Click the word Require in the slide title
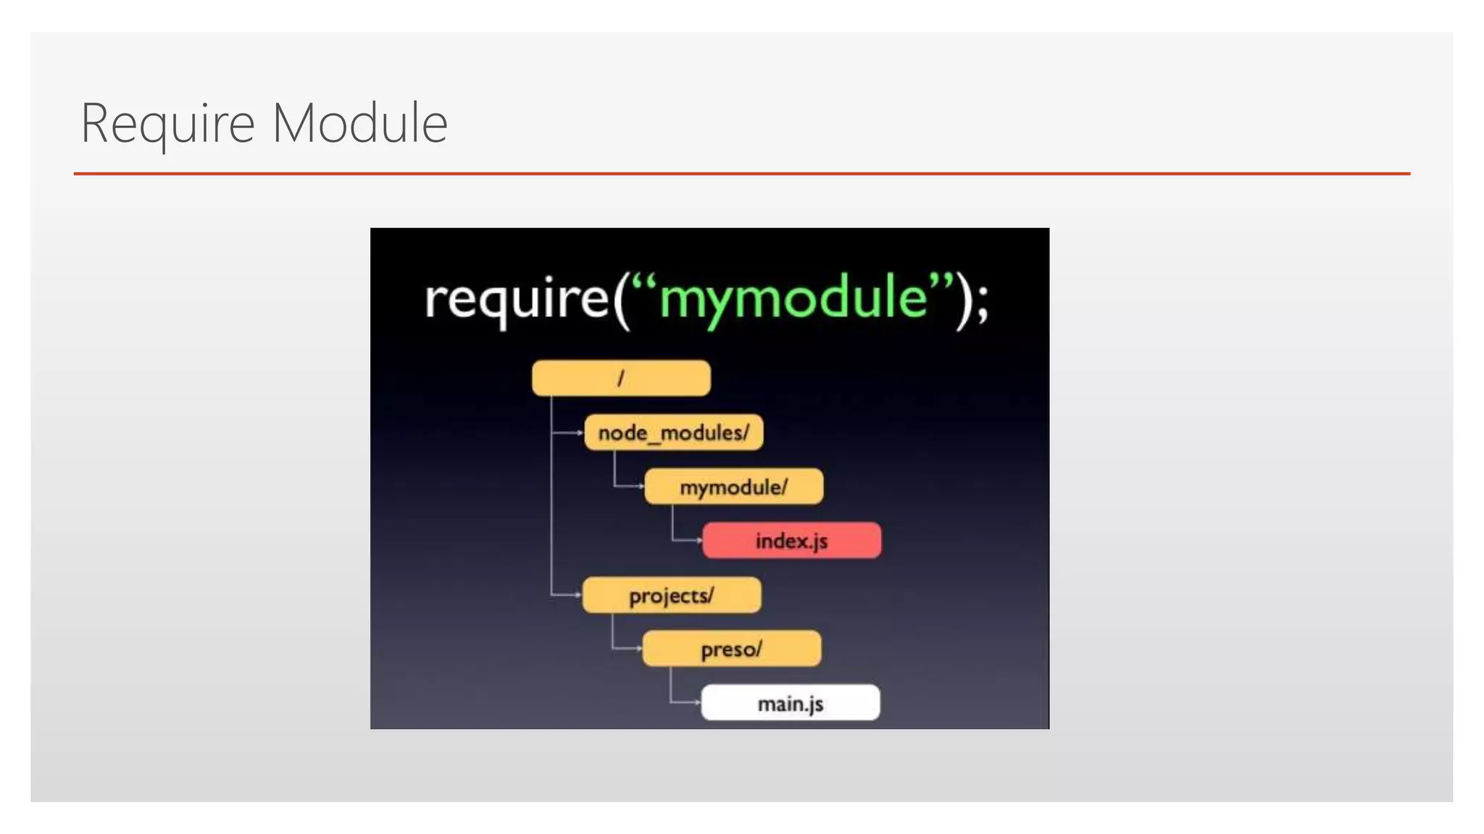point(167,124)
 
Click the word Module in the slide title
point(359,124)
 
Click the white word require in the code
point(517,299)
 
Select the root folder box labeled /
point(621,378)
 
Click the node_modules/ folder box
point(673,433)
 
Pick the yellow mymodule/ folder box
point(733,486)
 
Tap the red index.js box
point(791,541)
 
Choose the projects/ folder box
point(671,595)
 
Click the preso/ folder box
point(731,649)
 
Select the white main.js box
point(790,703)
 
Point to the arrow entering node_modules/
point(578,433)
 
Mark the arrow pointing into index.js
point(697,540)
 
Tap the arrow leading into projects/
point(577,595)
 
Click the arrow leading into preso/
point(637,648)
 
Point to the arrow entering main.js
point(696,702)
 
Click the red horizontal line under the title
point(741,174)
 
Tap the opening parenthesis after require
point(620,300)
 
